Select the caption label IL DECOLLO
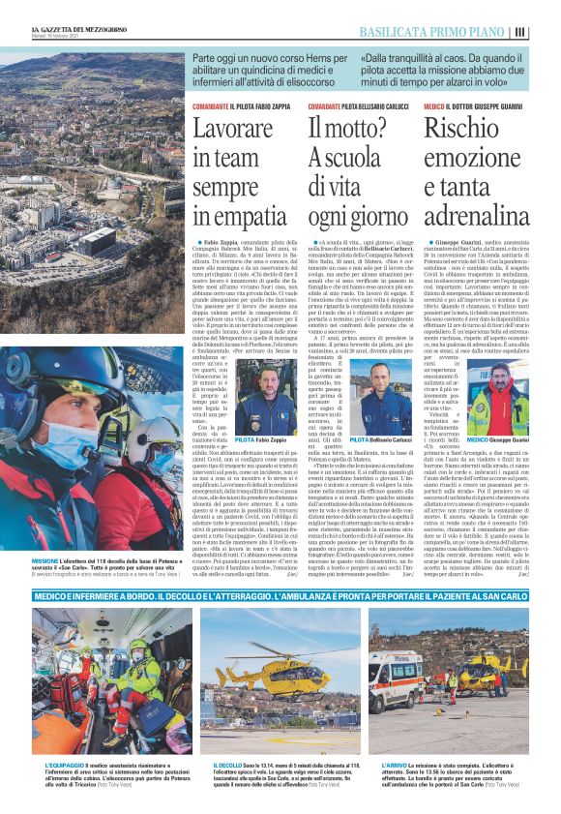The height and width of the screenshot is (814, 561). [x=228, y=763]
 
